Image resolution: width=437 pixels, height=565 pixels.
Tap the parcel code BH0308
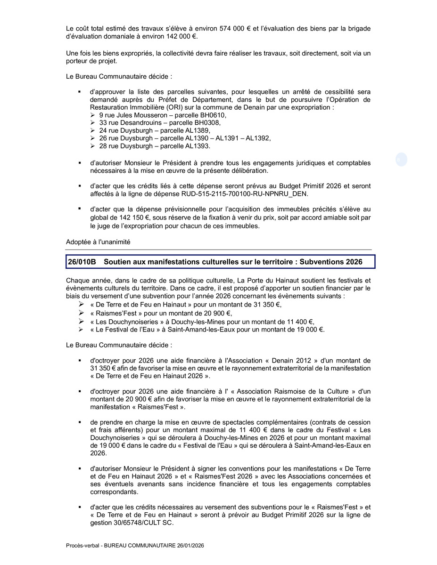click(206, 123)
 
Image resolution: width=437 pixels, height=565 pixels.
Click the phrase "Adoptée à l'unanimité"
click(98, 242)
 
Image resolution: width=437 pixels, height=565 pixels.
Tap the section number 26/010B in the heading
click(82, 261)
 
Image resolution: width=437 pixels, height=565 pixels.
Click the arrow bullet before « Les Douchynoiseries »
click(81, 322)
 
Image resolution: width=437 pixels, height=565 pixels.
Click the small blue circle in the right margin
click(401, 160)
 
